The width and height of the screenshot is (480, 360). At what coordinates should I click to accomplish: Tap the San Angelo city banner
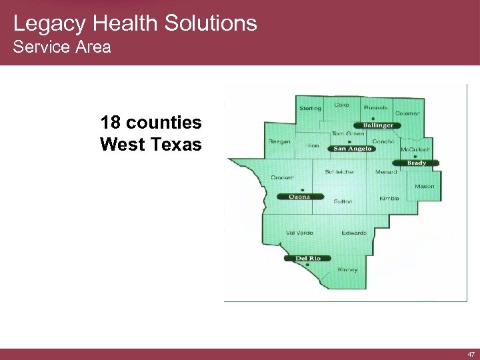[352, 149]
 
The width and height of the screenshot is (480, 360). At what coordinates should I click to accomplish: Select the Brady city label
[417, 163]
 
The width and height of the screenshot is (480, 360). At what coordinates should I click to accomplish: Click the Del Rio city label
[308, 258]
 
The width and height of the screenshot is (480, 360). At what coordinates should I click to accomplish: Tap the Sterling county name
[310, 108]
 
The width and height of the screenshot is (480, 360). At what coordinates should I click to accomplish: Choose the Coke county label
[341, 105]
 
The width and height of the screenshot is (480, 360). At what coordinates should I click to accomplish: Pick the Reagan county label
[279, 141]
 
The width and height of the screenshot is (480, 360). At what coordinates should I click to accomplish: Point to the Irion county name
[312, 145]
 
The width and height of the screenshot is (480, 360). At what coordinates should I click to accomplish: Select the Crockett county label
[283, 177]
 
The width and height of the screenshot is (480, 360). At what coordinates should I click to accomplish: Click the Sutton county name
[343, 201]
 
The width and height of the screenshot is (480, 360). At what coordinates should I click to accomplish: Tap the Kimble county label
[389, 199]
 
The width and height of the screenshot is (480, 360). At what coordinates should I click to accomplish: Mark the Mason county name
[424, 186]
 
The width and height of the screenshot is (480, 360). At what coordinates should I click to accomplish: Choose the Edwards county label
[354, 233]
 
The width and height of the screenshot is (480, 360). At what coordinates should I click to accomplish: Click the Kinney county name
[347, 270]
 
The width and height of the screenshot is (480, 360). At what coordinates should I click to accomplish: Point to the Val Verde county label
[299, 233]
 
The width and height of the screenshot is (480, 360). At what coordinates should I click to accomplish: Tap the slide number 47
[471, 355]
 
